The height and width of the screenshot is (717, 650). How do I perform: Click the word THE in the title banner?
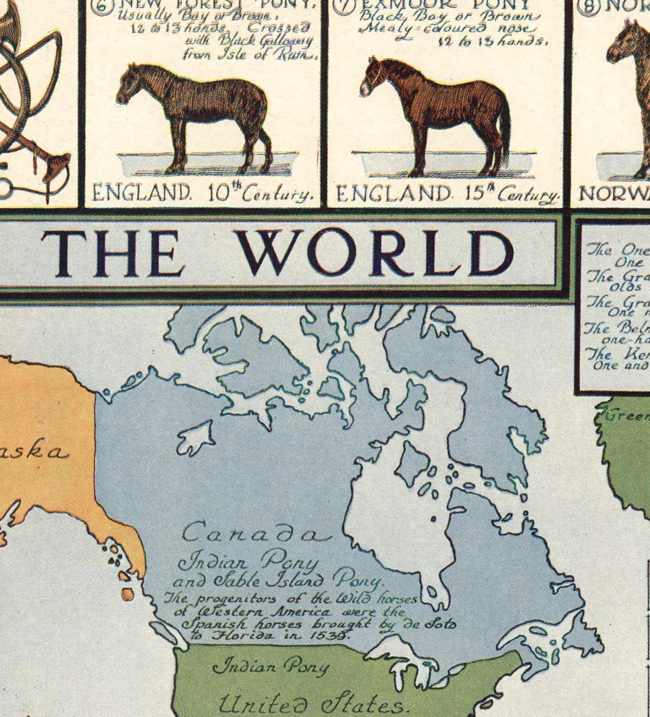(x=113, y=253)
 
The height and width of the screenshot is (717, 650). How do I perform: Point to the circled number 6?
(x=102, y=6)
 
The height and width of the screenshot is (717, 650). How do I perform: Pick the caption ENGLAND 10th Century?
(x=203, y=194)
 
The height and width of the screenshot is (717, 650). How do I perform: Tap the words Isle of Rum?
(x=267, y=55)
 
